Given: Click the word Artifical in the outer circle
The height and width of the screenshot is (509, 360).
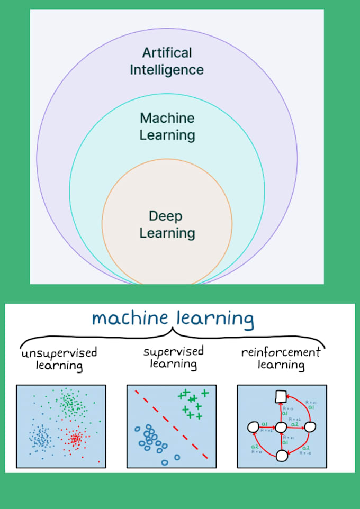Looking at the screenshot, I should pyautogui.click(x=167, y=53).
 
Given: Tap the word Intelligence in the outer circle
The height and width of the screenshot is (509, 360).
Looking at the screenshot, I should pyautogui.click(x=167, y=70).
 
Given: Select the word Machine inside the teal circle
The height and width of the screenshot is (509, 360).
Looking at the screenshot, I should pyautogui.click(x=167, y=117).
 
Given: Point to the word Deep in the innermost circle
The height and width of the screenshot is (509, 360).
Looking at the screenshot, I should pyautogui.click(x=166, y=216).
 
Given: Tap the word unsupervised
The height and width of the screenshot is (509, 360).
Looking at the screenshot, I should pyautogui.click(x=59, y=353).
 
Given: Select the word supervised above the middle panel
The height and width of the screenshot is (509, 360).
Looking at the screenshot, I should pyautogui.click(x=174, y=351).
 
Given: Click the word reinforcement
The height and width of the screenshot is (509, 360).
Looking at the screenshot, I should pyautogui.click(x=281, y=352).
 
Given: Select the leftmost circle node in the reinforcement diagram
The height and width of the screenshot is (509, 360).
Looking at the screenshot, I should pyautogui.click(x=253, y=426).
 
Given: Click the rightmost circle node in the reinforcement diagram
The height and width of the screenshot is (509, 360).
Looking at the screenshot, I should pyautogui.click(x=310, y=426).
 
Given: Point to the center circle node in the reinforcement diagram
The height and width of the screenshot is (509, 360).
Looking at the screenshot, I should pyautogui.click(x=282, y=426).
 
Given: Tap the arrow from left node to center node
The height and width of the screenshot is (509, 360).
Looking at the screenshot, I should pyautogui.click(x=267, y=426).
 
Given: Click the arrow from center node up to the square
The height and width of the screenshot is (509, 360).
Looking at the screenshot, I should pyautogui.click(x=282, y=412).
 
